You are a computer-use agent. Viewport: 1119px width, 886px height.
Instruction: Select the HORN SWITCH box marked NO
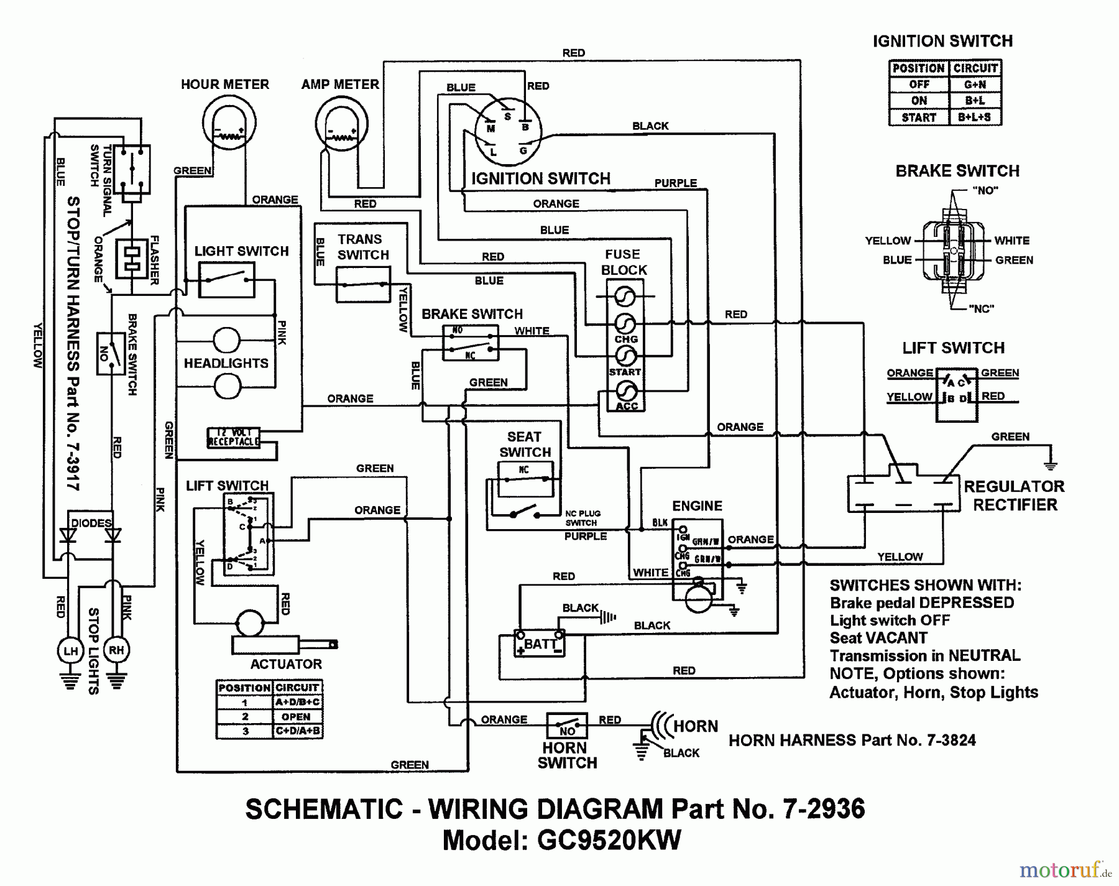click(x=567, y=726)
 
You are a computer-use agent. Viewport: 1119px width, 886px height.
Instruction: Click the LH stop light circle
click(x=70, y=651)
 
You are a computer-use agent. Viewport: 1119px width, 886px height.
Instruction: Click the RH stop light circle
click(x=116, y=650)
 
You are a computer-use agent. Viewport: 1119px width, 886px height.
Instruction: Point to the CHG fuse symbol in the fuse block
click(x=625, y=323)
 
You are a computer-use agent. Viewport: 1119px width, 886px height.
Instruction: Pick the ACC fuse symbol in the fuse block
click(x=625, y=391)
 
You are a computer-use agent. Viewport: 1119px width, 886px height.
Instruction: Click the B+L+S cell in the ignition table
click(x=975, y=117)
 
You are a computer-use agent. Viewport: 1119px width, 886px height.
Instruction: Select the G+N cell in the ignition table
click(x=975, y=84)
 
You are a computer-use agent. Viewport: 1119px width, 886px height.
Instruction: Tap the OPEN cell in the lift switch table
click(x=297, y=716)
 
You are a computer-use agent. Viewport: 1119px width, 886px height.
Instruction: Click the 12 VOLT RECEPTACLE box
click(x=233, y=437)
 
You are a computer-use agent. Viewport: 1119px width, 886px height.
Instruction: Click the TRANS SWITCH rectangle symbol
click(x=363, y=285)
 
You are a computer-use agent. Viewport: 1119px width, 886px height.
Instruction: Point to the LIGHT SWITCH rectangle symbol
click(x=226, y=280)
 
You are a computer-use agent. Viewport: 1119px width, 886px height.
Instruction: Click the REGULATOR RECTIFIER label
click(x=1014, y=496)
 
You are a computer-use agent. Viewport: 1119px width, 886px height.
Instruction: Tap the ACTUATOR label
click(x=286, y=664)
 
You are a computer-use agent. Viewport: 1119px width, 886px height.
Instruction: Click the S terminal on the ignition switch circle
click(x=507, y=116)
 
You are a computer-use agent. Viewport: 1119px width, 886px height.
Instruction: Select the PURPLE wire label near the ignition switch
click(x=675, y=183)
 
